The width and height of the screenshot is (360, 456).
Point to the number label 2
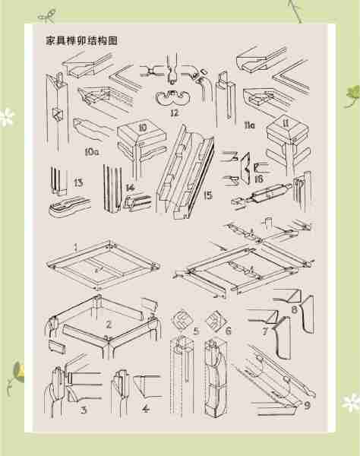click(x=109, y=325)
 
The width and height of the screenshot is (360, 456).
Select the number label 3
click(x=84, y=410)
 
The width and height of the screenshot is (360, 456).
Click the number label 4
click(x=147, y=410)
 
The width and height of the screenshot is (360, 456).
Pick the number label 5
click(x=196, y=331)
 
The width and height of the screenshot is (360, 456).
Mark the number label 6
click(x=228, y=331)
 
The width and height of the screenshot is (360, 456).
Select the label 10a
click(x=91, y=152)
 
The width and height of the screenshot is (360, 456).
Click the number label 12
click(x=174, y=113)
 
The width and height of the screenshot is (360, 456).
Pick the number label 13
click(x=79, y=182)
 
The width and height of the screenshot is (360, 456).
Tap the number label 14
click(x=130, y=187)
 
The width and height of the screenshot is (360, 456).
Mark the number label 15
click(x=208, y=195)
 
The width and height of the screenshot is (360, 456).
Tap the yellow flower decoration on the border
click(x=21, y=370)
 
